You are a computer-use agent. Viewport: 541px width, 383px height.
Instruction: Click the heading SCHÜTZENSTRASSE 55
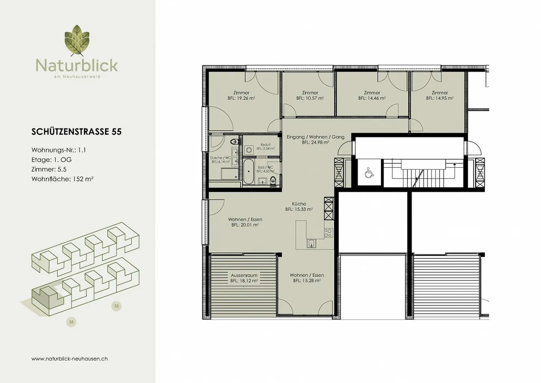[x=77, y=132]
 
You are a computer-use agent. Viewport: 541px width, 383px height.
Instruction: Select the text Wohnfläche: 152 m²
[x=62, y=179]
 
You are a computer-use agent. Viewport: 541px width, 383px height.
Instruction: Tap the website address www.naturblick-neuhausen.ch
[x=70, y=359]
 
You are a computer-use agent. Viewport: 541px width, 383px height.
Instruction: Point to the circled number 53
[x=116, y=306]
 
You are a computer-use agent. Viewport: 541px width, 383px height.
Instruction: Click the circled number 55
[x=71, y=322]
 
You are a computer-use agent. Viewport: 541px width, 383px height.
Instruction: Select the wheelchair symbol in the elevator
[x=369, y=173]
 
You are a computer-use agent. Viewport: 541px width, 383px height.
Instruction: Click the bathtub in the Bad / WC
[x=248, y=171]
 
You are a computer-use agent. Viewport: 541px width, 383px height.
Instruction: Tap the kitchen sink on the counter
[x=311, y=244]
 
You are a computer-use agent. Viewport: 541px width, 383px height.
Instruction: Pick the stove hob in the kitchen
[x=328, y=233]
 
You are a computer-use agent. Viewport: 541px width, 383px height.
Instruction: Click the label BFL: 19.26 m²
[x=241, y=98]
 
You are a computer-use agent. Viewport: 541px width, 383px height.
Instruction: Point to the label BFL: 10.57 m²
[x=310, y=98]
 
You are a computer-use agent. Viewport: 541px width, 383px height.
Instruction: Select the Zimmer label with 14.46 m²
[x=372, y=92]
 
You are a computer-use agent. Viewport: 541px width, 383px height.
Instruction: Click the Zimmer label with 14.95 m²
[x=440, y=92]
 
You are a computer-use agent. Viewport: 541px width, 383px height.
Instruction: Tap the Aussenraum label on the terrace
[x=244, y=275]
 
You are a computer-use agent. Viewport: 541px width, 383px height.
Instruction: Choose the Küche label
[x=299, y=204]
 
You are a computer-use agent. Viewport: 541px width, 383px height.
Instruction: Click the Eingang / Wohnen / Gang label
[x=315, y=137]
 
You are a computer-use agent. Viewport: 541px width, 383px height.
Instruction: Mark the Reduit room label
[x=265, y=145]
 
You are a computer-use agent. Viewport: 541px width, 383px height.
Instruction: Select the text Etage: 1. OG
[x=51, y=159]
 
